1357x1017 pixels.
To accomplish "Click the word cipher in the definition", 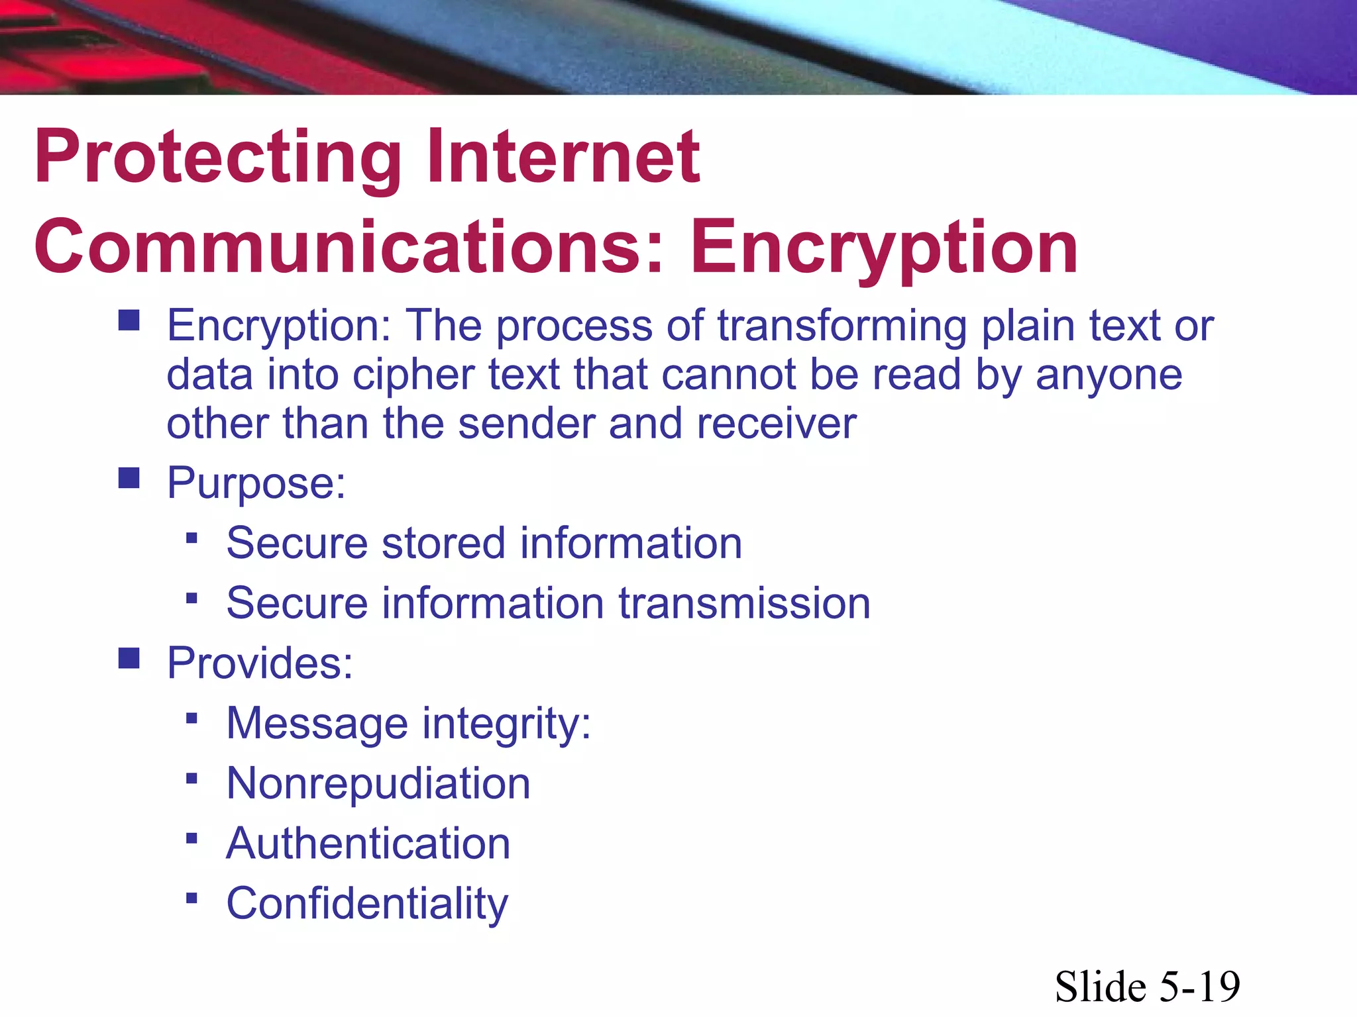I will pos(413,375).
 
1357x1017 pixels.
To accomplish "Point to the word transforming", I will pos(841,326).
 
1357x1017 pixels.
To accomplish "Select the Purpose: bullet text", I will pos(256,483).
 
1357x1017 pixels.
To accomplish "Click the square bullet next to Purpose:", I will pos(129,478).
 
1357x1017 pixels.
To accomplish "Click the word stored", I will pos(443,543).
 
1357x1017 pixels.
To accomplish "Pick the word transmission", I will pos(744,603).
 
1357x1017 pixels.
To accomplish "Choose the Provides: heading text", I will pos(260,663).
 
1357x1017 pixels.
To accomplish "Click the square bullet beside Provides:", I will pos(129,658).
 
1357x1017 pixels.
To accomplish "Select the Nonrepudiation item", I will pos(378,783).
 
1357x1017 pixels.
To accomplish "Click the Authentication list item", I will pos(368,844).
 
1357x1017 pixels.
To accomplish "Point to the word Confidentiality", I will pos(367,904).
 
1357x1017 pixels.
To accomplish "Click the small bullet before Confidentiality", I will pos(192,898).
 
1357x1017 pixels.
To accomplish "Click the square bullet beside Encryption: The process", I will pos(129,321).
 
